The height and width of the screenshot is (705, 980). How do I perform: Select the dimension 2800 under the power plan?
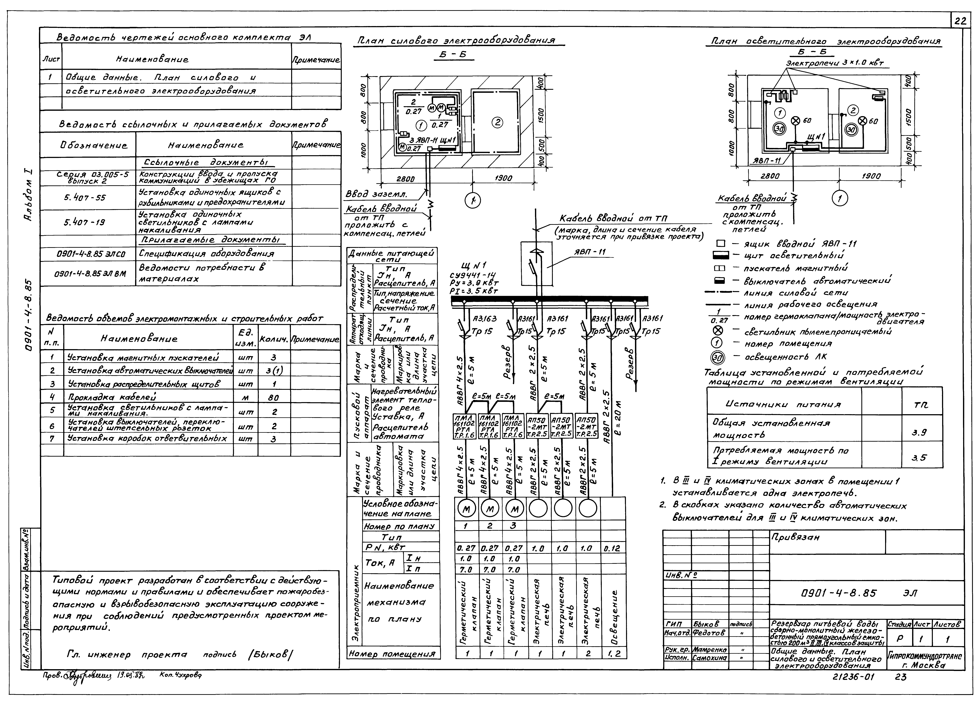coord(405,179)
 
